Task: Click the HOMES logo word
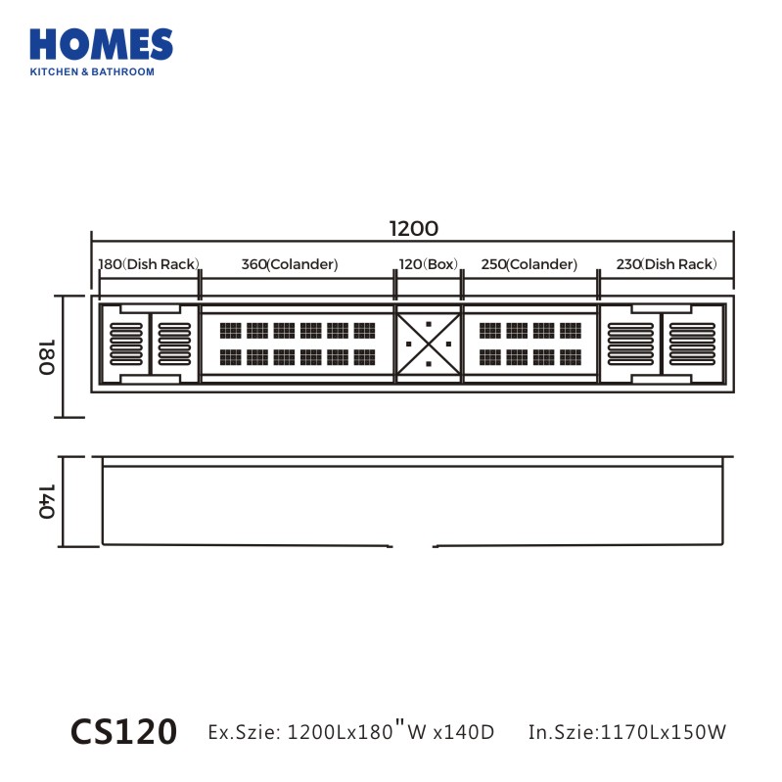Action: [x=101, y=44]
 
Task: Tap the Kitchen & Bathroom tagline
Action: [x=92, y=71]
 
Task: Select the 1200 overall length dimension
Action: [x=413, y=229]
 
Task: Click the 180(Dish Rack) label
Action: [x=149, y=264]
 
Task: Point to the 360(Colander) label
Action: [x=290, y=264]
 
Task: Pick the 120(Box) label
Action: [x=429, y=264]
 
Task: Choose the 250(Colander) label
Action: [x=529, y=264]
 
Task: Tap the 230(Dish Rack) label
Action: [x=667, y=264]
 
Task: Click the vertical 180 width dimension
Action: [x=46, y=356]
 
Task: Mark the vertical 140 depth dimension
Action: [x=46, y=501]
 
